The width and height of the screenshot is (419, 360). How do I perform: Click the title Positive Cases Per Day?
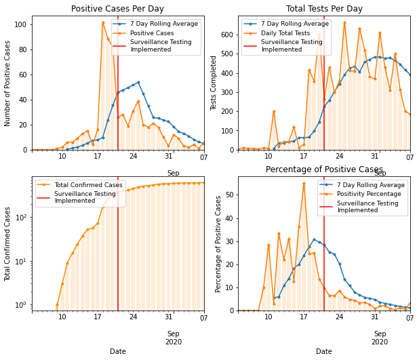coord(118,9)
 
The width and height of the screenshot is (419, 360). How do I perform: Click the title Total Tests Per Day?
coord(324,9)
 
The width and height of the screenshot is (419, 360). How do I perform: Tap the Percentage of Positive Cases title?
coord(324,169)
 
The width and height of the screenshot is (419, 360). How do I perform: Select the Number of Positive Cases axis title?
coord(8,83)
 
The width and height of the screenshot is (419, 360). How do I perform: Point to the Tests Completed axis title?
coord(214,83)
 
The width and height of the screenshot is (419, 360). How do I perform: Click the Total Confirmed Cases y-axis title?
coord(8,244)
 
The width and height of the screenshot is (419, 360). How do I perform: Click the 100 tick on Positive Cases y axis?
coord(20,24)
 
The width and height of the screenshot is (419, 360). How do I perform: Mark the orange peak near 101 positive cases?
coord(103,23)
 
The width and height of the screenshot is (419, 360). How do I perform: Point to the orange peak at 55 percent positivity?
coord(304,183)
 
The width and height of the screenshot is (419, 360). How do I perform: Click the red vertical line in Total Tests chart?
coord(324,102)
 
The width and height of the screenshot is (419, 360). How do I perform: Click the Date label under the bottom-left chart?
coord(118,351)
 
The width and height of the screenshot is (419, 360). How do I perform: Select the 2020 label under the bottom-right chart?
coord(380,342)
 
